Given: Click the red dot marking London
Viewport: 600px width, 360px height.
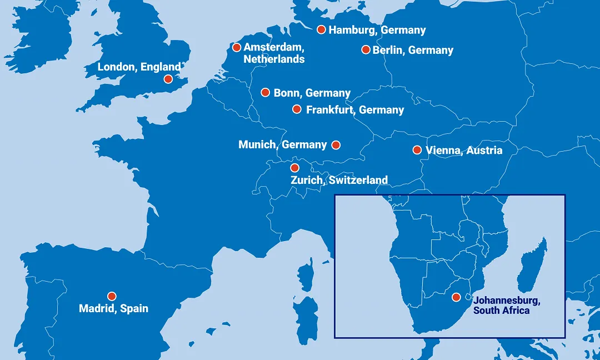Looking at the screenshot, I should (x=168, y=79).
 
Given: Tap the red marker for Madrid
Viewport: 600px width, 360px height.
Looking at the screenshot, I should (x=112, y=296).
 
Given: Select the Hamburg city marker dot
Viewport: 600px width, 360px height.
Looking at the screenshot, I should (x=321, y=29).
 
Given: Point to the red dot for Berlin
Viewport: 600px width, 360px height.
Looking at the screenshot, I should (x=366, y=49).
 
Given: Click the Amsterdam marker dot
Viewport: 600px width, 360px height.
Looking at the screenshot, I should (x=237, y=47).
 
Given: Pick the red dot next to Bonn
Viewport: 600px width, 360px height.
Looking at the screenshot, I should (x=266, y=92).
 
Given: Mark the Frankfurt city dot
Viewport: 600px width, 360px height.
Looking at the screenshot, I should (x=297, y=109).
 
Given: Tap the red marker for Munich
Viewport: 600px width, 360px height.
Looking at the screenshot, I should (x=336, y=145).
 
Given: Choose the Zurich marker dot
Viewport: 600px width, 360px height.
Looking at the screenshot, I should (x=295, y=168).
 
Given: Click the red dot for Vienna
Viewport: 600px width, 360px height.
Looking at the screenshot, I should (x=417, y=150).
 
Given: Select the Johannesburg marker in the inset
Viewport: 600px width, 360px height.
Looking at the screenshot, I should (x=457, y=297).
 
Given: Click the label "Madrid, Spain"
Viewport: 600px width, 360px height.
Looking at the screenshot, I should (x=114, y=308).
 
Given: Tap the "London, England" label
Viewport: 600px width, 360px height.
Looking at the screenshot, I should (x=139, y=67).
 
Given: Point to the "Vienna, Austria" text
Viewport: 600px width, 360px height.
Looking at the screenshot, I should (x=464, y=151).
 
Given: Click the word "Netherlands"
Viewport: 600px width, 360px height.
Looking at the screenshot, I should (x=274, y=59).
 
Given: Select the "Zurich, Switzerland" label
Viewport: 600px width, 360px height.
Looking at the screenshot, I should (x=339, y=180).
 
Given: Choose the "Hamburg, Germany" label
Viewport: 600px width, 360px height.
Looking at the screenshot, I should (x=377, y=30).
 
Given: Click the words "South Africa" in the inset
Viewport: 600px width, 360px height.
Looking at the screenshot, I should (x=501, y=311).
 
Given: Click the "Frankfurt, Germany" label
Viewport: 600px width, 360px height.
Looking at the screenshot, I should (x=355, y=110).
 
